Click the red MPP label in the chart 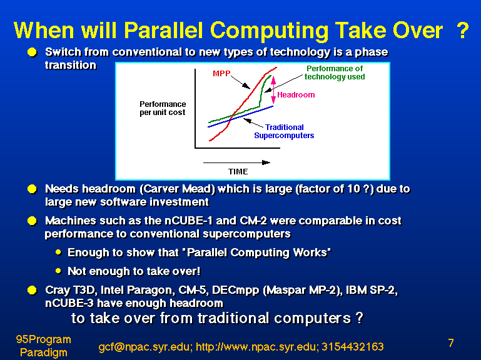(x=221, y=74)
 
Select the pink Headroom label (x=296, y=95)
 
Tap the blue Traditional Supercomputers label (x=284, y=131)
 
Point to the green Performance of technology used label (x=335, y=72)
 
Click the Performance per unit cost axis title (x=163, y=108)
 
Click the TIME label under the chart (x=238, y=171)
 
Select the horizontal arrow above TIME (x=236, y=162)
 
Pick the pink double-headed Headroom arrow (x=273, y=90)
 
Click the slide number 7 (x=450, y=343)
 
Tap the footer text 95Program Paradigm (x=44, y=346)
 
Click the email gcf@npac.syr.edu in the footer (x=144, y=347)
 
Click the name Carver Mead (x=178, y=189)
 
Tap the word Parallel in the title (x=163, y=31)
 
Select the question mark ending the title (x=463, y=30)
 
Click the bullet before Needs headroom (x=32, y=189)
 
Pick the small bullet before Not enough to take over (x=59, y=271)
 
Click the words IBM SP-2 (x=371, y=290)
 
